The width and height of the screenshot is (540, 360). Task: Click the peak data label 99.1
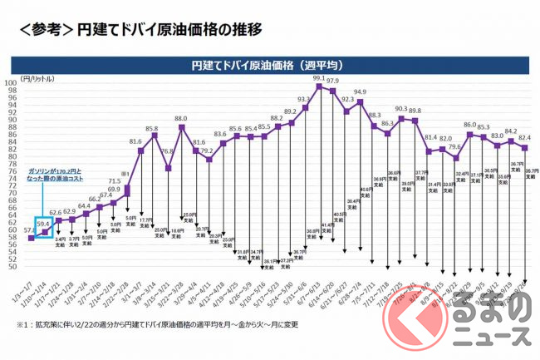click(x=318, y=78)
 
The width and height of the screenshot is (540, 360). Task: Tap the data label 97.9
click(x=332, y=81)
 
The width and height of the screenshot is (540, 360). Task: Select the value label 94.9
click(x=360, y=92)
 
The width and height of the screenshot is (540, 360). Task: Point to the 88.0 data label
click(x=181, y=119)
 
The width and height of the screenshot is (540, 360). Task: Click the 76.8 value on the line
click(x=167, y=151)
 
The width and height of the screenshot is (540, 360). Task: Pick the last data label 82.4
click(x=525, y=137)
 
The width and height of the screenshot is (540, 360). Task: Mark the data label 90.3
click(x=401, y=109)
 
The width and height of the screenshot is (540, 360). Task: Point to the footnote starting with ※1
click(x=166, y=324)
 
